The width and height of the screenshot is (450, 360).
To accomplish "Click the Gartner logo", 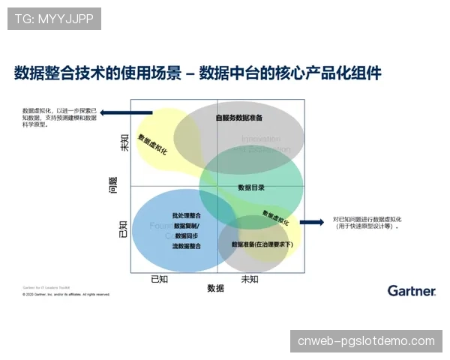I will tap(411, 290).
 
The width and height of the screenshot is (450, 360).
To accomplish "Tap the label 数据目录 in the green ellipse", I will tap(251, 187).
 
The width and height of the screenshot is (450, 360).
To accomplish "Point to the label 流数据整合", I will tap(186, 245).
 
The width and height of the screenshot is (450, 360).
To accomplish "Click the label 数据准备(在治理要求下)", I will tap(262, 244).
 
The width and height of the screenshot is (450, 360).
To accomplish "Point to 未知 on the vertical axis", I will tap(124, 142).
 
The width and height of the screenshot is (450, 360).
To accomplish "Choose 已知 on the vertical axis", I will tap(124, 229).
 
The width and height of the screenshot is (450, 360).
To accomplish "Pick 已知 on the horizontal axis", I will tap(160, 279).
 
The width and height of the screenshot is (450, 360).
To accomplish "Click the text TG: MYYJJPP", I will tap(54, 18).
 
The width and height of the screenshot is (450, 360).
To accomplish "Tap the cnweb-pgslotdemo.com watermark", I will tap(366, 341).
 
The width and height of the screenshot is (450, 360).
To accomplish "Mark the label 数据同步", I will tap(187, 235).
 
